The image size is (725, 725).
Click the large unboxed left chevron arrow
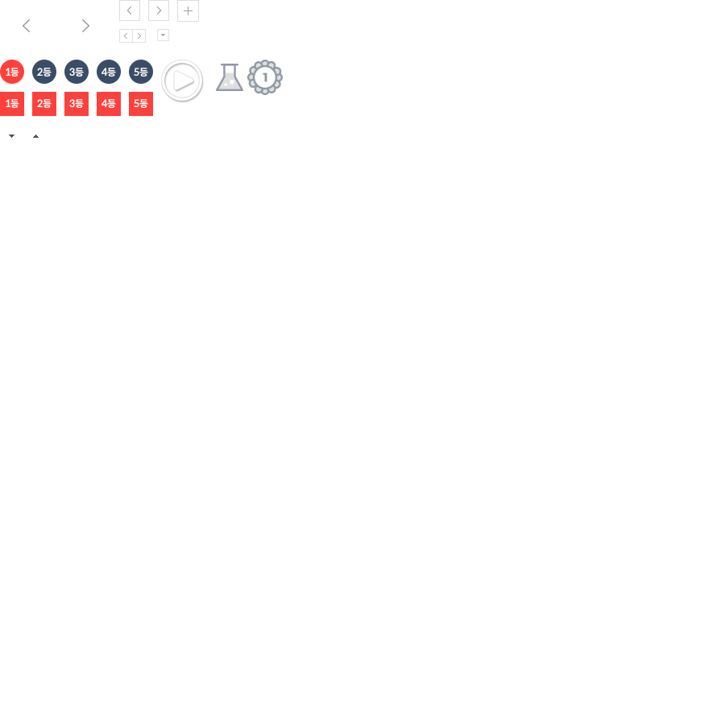coord(27,26)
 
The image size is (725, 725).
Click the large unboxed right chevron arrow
coord(85,26)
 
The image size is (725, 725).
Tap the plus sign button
coord(188,11)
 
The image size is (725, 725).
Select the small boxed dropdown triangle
coord(164,35)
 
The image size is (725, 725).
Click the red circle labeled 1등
coord(12,72)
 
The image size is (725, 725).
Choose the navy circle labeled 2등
coord(44,72)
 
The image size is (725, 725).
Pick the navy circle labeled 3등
coord(77,72)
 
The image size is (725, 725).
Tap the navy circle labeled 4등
coord(109,72)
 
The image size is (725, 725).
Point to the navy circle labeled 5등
coord(141,72)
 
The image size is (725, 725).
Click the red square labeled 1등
coord(12,104)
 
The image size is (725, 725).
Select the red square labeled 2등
coord(44,104)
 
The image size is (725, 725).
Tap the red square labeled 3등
coord(77,104)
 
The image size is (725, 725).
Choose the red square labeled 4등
coord(109,104)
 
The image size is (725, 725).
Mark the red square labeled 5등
coord(141,104)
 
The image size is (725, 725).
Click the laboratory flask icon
coord(230,77)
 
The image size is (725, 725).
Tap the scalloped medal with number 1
coord(265,77)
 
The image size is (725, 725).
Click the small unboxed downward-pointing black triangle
coord(11,136)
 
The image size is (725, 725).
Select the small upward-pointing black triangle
coord(35,136)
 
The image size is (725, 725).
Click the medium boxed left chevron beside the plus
coord(130,10)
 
